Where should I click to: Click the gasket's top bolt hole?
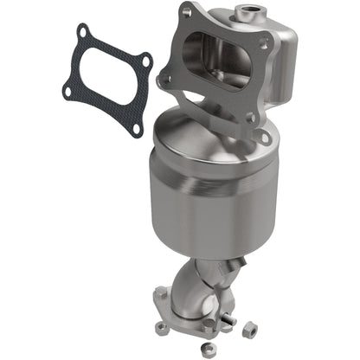[82, 34]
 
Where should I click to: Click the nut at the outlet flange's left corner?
[159, 325]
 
